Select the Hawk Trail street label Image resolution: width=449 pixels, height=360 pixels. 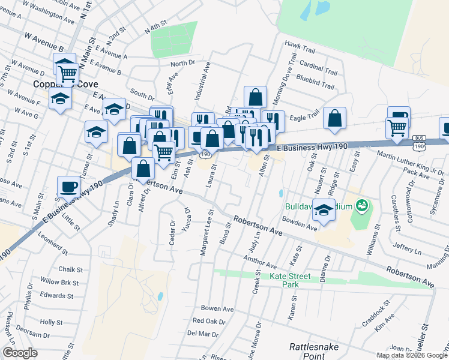click(300, 44)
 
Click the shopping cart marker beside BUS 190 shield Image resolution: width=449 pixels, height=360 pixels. click(397, 129)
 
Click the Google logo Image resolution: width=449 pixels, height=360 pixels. click(20, 353)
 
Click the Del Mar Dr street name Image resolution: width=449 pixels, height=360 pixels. click(202, 333)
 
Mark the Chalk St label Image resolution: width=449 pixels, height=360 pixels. click(70, 269)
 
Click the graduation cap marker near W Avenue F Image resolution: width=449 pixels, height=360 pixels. click(60, 99)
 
